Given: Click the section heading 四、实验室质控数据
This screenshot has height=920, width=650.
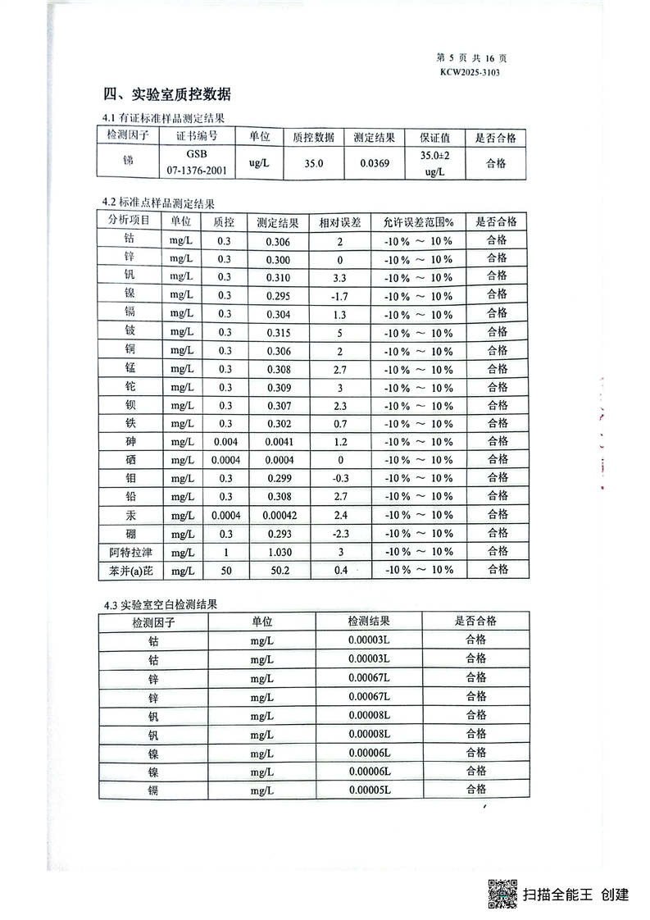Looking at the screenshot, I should coord(166,93).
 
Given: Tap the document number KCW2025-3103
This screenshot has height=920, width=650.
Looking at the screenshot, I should coord(470,72).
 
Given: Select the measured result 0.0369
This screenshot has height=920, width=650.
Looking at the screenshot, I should coord(375,163).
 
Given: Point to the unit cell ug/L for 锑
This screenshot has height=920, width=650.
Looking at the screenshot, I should coord(259,163).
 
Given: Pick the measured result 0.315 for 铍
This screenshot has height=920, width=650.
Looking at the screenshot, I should coord(278,332).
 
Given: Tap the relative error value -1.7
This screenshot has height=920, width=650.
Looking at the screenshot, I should coord(339,295).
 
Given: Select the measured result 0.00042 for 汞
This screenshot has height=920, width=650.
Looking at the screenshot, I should coord(278,516).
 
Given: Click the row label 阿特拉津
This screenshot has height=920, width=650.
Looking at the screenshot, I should coord(125,552).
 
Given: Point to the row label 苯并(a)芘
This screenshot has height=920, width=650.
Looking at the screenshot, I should coord(125,571).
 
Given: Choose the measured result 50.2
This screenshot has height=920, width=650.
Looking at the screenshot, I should coord(278,571).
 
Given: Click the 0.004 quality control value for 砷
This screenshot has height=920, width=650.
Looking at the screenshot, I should coord(224,443).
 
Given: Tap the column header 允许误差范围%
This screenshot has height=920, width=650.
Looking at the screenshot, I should coord(418,222).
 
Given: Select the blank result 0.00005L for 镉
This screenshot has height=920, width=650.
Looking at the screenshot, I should coord(369,790).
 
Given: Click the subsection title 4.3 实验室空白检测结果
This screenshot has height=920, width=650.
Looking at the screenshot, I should coord(160,606).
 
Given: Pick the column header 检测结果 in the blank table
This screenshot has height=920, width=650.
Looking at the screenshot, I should coord(369,622).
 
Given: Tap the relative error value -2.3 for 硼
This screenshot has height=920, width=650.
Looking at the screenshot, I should coord(339,534).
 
